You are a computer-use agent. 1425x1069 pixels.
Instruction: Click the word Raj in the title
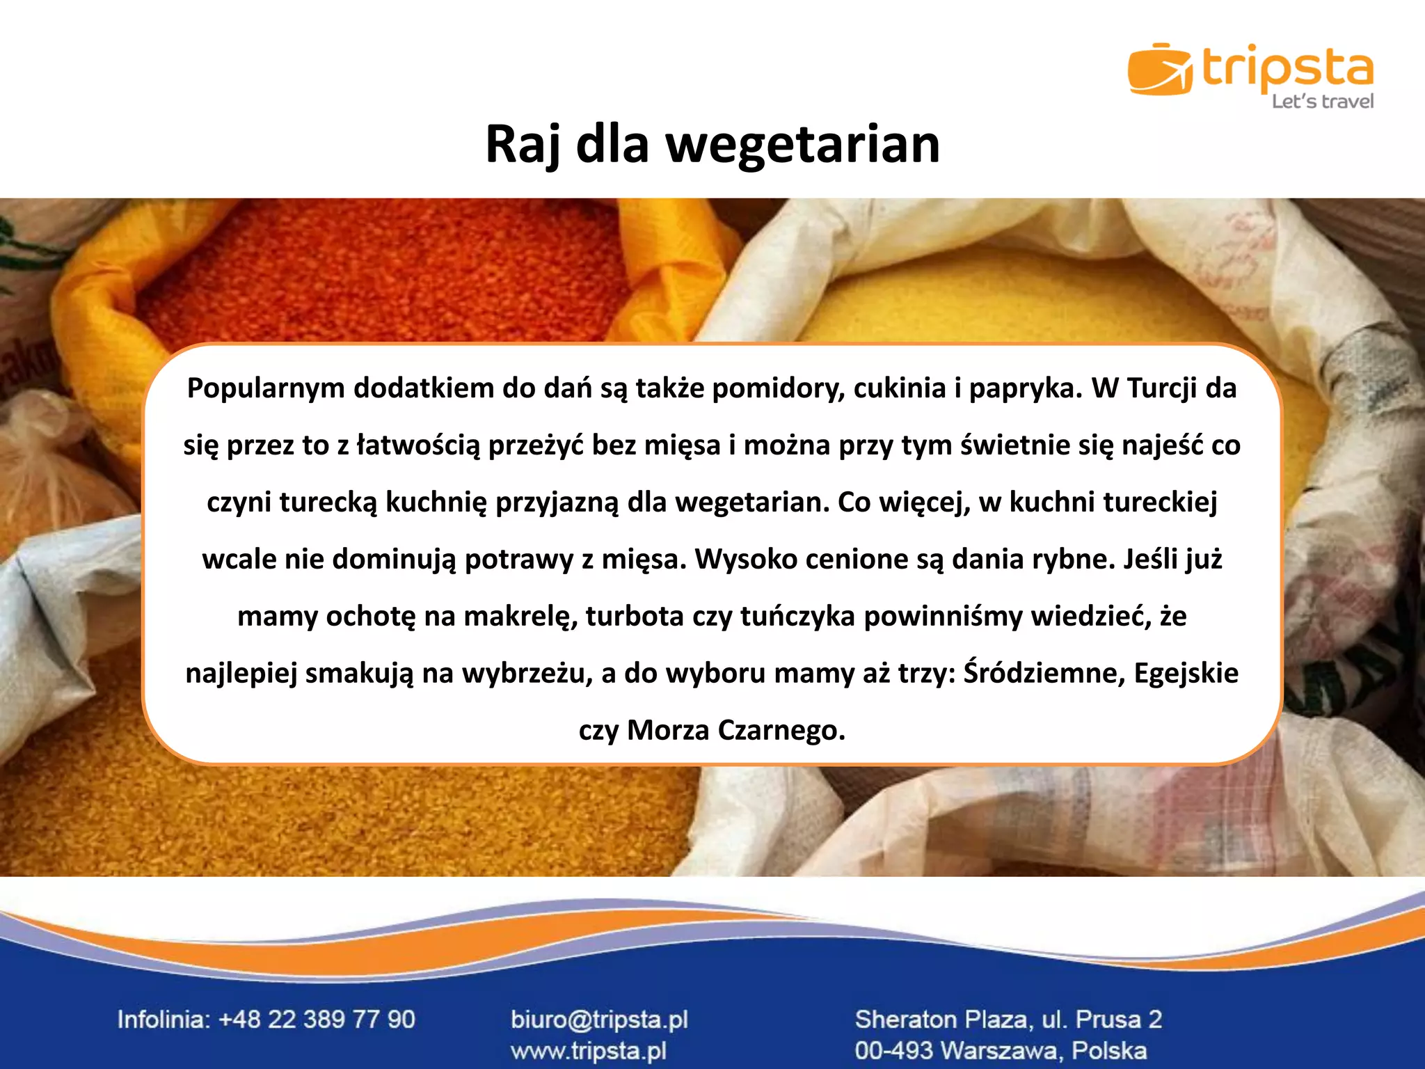(x=523, y=145)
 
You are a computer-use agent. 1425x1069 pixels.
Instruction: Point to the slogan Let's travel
(x=1322, y=102)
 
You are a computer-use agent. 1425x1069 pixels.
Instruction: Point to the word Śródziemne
(x=1043, y=673)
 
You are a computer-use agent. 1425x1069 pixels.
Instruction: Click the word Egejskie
(x=1186, y=674)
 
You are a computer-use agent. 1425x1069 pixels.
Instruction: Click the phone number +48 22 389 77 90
(x=317, y=1020)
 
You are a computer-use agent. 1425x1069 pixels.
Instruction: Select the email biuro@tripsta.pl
(x=599, y=1020)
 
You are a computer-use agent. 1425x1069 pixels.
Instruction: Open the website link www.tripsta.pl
(x=588, y=1050)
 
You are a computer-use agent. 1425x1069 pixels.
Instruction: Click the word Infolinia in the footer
(x=163, y=1020)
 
